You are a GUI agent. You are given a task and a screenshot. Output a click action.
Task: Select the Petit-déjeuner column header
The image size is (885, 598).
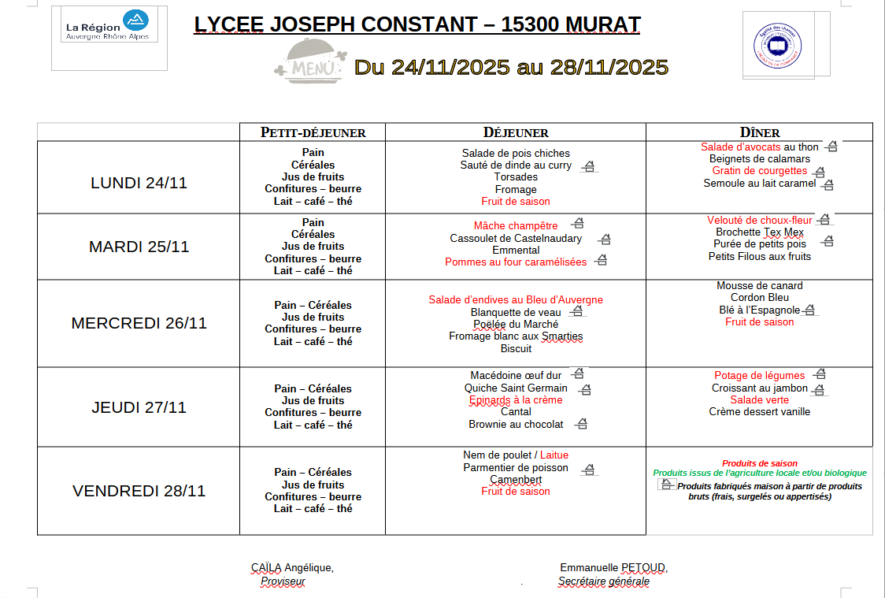click(313, 132)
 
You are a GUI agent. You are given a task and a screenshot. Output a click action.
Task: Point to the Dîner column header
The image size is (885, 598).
click(759, 132)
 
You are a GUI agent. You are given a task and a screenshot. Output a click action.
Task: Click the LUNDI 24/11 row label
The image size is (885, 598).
click(139, 183)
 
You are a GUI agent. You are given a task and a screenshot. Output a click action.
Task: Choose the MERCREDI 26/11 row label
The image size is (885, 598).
click(139, 323)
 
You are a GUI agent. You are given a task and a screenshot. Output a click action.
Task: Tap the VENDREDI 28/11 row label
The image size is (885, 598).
click(139, 491)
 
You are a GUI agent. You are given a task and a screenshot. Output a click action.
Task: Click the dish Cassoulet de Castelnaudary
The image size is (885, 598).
click(516, 239)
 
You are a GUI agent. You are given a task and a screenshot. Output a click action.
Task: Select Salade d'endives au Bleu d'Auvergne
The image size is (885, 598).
click(516, 300)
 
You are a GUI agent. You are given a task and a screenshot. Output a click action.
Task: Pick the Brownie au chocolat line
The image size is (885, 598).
click(516, 425)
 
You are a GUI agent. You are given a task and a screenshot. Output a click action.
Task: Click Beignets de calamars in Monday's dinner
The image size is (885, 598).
click(759, 159)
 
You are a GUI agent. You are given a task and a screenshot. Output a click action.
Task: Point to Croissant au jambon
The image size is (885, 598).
click(759, 388)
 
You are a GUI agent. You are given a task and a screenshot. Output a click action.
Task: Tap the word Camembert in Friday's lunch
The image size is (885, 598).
click(516, 480)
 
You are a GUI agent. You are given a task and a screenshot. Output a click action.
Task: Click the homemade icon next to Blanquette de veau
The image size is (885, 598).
click(576, 312)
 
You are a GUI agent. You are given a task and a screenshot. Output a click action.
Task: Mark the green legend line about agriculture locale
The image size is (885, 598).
click(759, 474)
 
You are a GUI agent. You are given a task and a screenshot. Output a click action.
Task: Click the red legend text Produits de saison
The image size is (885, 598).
click(759, 464)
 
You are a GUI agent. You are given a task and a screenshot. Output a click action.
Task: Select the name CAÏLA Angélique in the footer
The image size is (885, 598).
click(292, 568)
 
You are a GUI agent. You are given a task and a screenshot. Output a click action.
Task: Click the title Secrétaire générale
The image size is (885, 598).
click(603, 582)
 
